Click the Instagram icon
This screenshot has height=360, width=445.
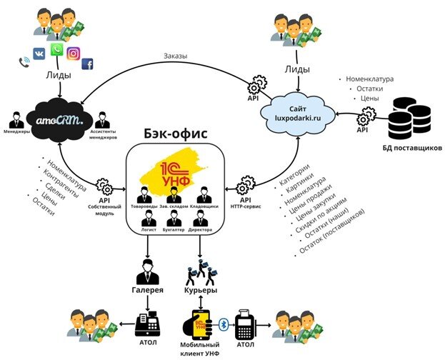pos(73,54)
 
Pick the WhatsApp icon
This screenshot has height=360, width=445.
pos(56,51)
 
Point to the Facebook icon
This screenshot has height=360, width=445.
pos(88,64)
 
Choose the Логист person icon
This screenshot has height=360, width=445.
pos(147,218)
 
